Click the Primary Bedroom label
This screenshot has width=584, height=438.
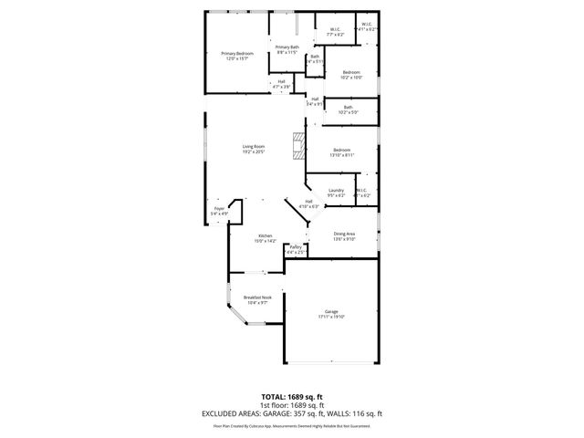click(236, 56)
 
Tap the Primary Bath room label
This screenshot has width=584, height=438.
click(287, 50)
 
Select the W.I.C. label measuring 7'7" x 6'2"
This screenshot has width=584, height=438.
click(336, 31)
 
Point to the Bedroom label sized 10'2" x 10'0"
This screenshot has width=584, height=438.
click(351, 75)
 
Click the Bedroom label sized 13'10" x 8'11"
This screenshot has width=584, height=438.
click(342, 152)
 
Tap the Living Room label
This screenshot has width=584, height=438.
click(253, 150)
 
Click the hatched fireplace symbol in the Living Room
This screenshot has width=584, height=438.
click(297, 146)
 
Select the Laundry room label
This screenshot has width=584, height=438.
click(336, 193)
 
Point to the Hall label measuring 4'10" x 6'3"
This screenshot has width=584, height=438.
click(308, 203)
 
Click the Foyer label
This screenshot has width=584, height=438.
click(219, 211)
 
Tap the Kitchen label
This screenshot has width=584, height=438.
click(265, 239)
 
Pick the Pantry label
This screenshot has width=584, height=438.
click(296, 249)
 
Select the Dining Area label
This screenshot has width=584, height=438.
click(344, 236)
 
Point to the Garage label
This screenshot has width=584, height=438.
click(331, 314)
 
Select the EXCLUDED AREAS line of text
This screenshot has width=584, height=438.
click(291, 414)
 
